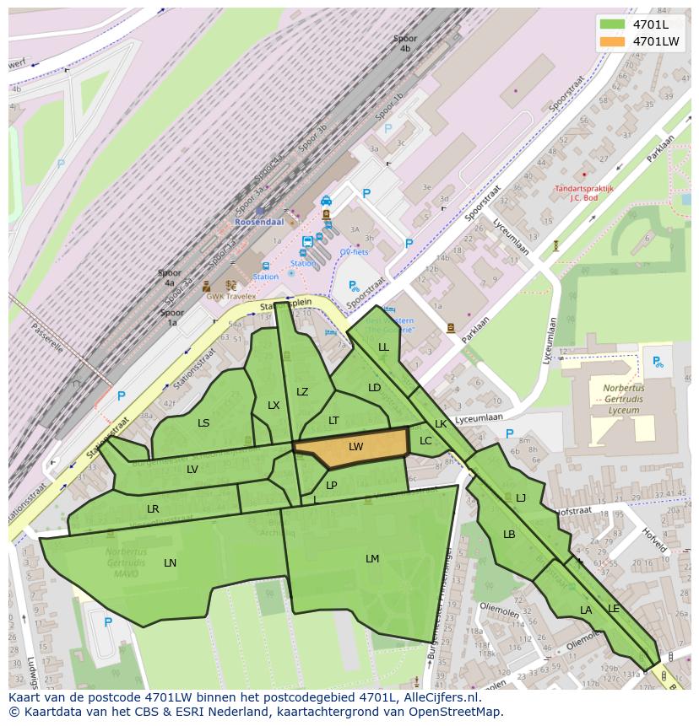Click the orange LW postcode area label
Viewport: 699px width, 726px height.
[x=355, y=447]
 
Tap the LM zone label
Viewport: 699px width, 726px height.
[x=372, y=559]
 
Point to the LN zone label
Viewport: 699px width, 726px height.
[x=171, y=563]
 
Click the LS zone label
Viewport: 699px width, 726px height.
[x=203, y=423]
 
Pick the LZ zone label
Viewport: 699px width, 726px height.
[x=302, y=391]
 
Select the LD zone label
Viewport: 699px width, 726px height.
[x=375, y=388]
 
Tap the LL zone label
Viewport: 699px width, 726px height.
[x=384, y=347]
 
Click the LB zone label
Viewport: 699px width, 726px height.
[x=509, y=535]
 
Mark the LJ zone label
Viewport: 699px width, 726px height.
[x=521, y=498]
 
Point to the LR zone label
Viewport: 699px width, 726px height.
[x=153, y=509]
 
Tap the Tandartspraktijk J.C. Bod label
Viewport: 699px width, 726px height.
[x=584, y=193]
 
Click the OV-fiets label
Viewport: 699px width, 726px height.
[x=354, y=252]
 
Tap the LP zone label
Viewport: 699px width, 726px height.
[x=332, y=486]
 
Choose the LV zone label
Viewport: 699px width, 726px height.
[x=192, y=470]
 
